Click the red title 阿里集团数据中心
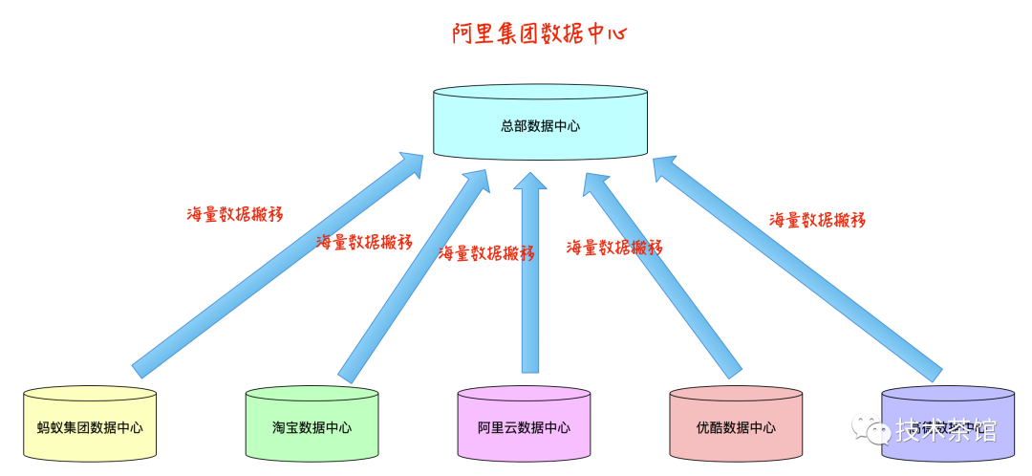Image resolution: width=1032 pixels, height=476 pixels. click(539, 34)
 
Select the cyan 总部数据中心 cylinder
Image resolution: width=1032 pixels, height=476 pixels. click(540, 123)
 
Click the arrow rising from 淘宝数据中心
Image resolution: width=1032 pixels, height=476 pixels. click(411, 277)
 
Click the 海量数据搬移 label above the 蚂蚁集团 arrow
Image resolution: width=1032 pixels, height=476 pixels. click(234, 213)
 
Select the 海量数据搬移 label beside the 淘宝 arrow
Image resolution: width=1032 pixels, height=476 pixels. click(364, 242)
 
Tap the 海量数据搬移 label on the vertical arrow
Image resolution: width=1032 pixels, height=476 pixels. click(486, 253)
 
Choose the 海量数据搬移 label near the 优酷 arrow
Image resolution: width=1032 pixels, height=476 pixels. click(614, 248)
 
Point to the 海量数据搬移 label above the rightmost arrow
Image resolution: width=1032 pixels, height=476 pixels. click(817, 220)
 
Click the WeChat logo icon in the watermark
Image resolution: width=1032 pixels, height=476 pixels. click(871, 429)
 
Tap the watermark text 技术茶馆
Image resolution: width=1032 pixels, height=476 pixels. click(946, 430)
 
